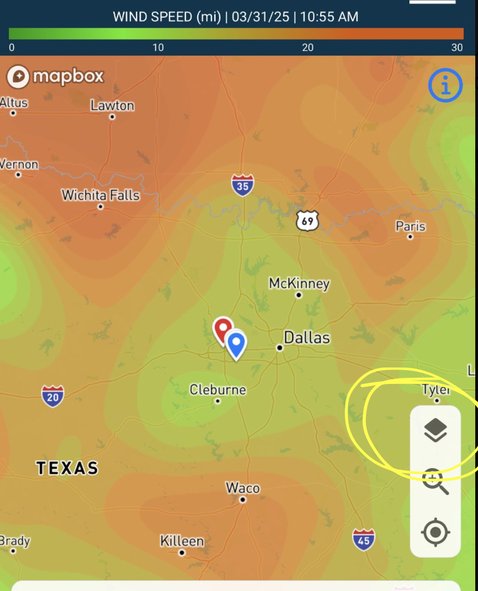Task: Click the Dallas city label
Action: [306, 337]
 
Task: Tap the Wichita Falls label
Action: [100, 195]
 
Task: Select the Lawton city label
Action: [112, 106]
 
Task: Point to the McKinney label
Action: [299, 283]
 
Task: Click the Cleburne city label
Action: [218, 389]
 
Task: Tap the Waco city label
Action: [243, 488]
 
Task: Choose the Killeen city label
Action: [182, 541]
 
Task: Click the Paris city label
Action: [411, 226]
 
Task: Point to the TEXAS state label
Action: [67, 468]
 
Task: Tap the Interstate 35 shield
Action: [242, 185]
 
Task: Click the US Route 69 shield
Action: [308, 221]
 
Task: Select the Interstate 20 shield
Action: [53, 396]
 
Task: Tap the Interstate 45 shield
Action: [364, 540]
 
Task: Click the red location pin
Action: [223, 330]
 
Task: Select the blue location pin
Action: [236, 344]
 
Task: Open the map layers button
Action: [435, 431]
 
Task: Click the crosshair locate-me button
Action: [435, 532]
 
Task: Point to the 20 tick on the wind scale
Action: [308, 47]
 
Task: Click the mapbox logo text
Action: [68, 76]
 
